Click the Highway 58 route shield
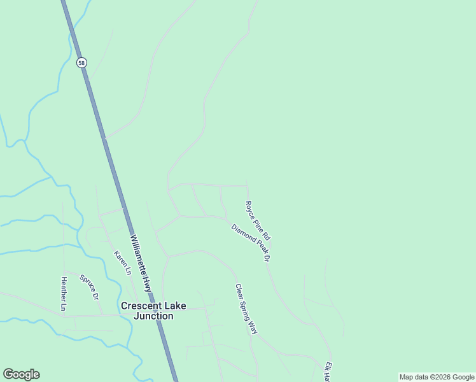[81, 62]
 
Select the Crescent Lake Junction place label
[153, 311]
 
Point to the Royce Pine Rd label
[258, 220]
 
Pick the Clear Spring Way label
[246, 309]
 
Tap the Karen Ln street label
[122, 262]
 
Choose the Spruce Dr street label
[90, 287]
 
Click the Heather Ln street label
[64, 294]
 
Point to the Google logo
[21, 374]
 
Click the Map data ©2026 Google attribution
[437, 377]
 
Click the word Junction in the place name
[153, 316]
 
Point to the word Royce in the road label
[251, 209]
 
